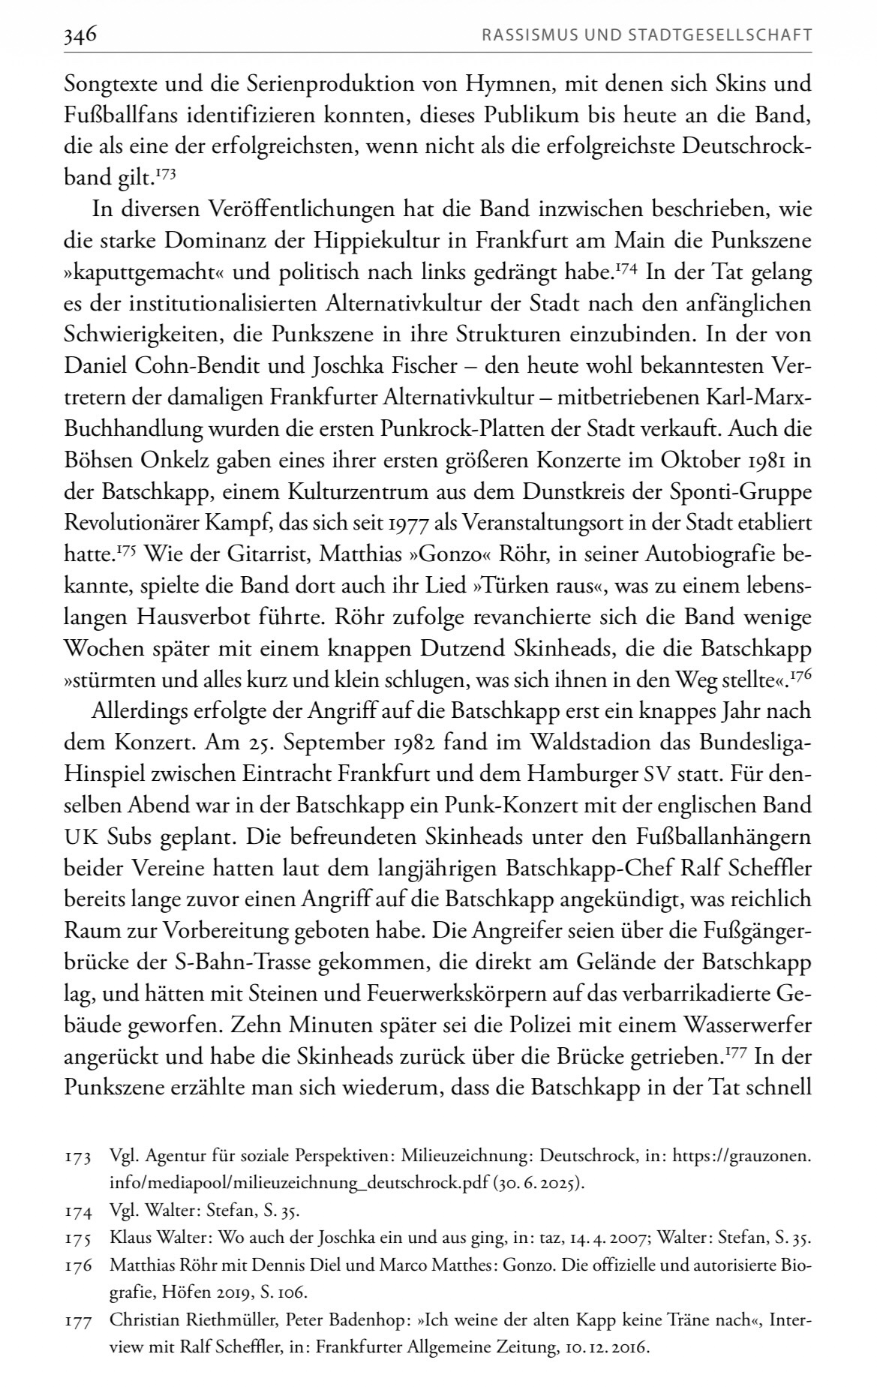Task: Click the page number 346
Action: [81, 35]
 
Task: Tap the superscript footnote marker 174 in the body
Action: [627, 269]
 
